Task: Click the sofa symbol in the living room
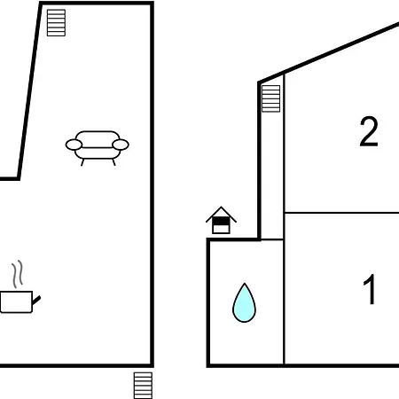click(x=97, y=147)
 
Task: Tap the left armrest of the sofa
click(x=74, y=145)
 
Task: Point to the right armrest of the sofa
click(x=121, y=145)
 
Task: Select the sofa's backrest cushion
click(x=98, y=139)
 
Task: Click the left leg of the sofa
click(x=82, y=162)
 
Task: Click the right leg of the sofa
click(x=113, y=162)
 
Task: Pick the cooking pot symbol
click(x=20, y=301)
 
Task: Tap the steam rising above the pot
click(x=18, y=274)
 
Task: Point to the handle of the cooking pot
click(x=36, y=301)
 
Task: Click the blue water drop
click(x=244, y=304)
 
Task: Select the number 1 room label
click(x=370, y=289)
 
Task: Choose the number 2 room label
click(x=369, y=131)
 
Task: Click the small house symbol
click(x=221, y=220)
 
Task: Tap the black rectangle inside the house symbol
click(x=221, y=222)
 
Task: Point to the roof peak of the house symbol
click(x=221, y=207)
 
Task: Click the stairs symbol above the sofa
click(x=56, y=23)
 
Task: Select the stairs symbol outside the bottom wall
click(x=143, y=386)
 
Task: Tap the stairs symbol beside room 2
click(x=270, y=98)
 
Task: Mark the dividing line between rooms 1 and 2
click(x=341, y=213)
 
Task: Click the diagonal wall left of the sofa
click(x=29, y=90)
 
